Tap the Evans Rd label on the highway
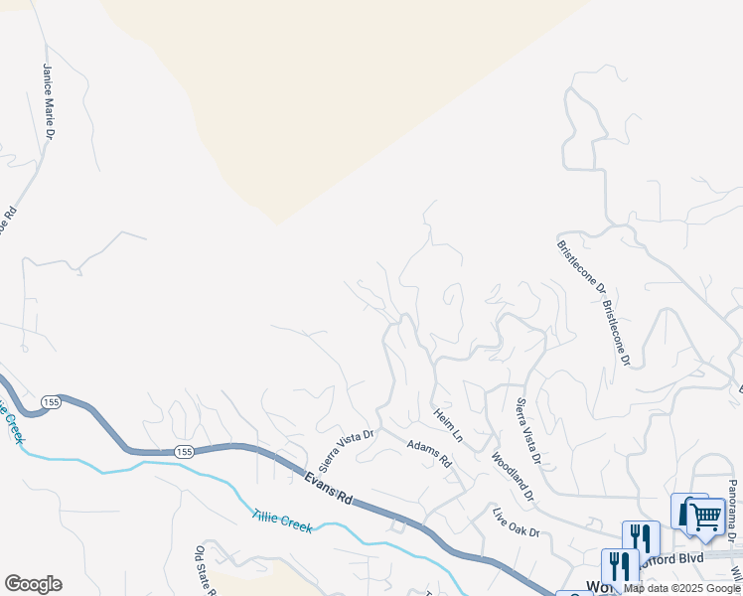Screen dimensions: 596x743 click(328, 486)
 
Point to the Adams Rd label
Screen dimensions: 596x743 click(429, 455)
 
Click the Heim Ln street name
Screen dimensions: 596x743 click(448, 424)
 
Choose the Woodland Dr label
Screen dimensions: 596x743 click(513, 476)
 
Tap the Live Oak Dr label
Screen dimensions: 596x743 click(516, 522)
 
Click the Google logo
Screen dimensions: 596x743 click(33, 584)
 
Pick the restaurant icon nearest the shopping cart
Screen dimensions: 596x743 click(642, 538)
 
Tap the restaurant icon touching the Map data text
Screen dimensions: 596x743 click(619, 566)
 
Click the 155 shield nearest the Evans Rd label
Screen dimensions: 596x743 click(183, 452)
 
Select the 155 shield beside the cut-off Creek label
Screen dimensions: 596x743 click(53, 401)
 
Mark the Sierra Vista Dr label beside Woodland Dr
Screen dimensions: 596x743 click(526, 431)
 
